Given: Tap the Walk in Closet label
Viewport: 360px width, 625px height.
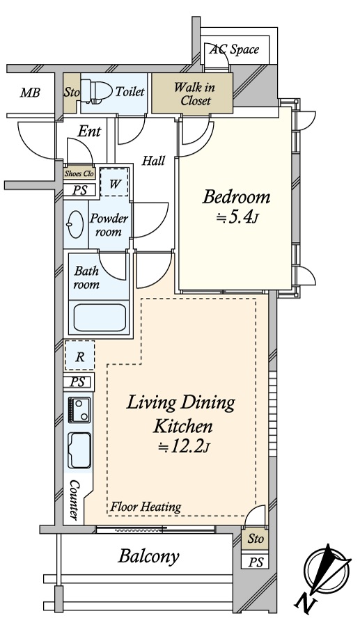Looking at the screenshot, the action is [195, 93].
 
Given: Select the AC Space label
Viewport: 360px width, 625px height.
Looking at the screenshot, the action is [235, 49].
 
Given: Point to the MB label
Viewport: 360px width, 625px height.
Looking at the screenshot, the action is [31, 93].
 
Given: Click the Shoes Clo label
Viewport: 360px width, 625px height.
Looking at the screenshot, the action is [79, 173].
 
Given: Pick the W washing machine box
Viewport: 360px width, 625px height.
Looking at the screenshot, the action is [114, 182].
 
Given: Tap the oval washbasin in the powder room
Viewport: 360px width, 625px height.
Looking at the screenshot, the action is [76, 223].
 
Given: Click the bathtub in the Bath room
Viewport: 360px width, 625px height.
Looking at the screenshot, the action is [100, 317].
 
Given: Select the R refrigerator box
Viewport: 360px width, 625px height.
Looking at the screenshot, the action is [80, 355].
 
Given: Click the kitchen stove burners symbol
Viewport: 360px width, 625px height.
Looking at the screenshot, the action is [79, 410].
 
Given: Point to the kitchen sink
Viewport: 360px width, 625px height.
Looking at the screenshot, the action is [79, 450].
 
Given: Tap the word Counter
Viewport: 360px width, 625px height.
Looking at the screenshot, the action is [74, 500].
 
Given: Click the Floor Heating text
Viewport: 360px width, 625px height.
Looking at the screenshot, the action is [146, 507].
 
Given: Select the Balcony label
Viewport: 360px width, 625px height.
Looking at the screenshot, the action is [149, 556].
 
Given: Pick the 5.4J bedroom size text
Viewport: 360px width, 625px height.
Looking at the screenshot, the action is [238, 218].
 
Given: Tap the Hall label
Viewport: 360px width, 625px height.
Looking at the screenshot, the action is [154, 161].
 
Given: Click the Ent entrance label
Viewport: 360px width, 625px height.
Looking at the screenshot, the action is [90, 131].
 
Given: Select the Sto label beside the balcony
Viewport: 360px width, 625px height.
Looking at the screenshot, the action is [256, 539].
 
